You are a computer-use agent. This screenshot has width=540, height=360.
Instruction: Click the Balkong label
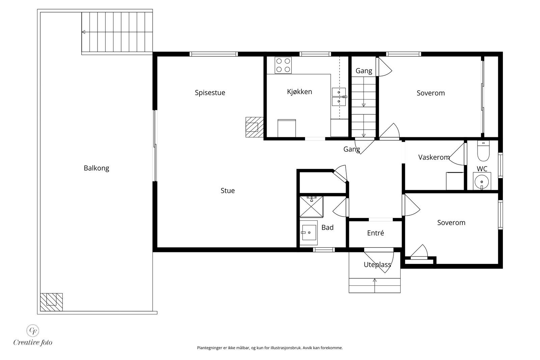[x=97, y=168]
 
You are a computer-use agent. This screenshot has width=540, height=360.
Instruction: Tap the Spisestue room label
[x=210, y=93]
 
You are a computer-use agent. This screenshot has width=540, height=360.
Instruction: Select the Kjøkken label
[x=299, y=92]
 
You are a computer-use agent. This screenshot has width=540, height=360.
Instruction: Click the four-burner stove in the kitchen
[x=283, y=65]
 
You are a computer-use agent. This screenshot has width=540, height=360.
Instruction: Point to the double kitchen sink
[x=339, y=97]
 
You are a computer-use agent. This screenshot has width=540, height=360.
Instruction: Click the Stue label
[x=227, y=191]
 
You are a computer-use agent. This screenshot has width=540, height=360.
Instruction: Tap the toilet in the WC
[x=483, y=151]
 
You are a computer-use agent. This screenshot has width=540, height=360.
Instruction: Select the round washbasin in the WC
[x=482, y=181]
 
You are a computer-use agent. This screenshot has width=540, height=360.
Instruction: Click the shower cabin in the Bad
[x=311, y=207]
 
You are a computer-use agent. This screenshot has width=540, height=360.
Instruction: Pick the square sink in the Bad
[x=308, y=233]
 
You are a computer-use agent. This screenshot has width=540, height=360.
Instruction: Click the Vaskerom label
[x=434, y=157]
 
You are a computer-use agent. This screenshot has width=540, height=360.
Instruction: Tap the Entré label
[x=375, y=233]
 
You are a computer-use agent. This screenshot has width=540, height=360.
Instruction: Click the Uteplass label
[x=377, y=265]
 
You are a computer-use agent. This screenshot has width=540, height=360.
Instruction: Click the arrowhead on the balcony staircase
[x=83, y=32]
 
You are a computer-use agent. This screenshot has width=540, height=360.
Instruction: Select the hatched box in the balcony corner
[x=51, y=302]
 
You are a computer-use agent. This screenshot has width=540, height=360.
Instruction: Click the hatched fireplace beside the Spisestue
[x=254, y=127]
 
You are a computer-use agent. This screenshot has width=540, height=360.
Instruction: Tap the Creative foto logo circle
[x=33, y=330]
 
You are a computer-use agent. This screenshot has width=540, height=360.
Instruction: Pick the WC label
[x=482, y=169]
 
